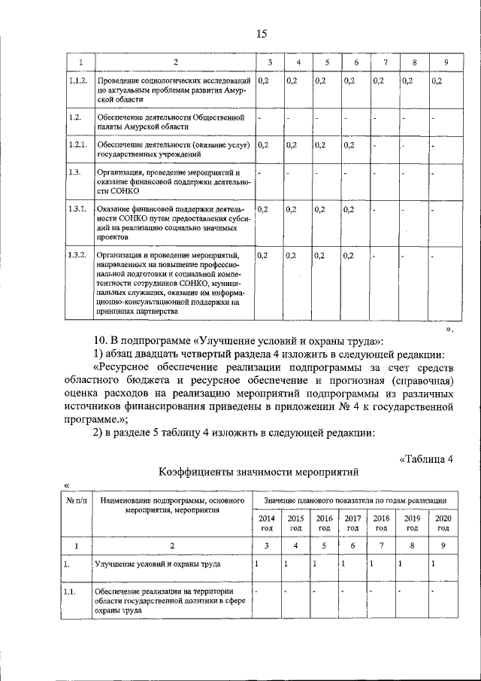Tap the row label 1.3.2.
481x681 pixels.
[x=77, y=256]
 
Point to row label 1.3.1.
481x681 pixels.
[x=77, y=208]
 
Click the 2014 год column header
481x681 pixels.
[x=266, y=523]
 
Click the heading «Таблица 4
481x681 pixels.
[x=425, y=459]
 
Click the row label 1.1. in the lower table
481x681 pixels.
[x=71, y=591]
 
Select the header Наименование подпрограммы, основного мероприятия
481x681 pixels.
[x=171, y=504]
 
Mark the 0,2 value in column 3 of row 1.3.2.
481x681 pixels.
[x=262, y=256]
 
